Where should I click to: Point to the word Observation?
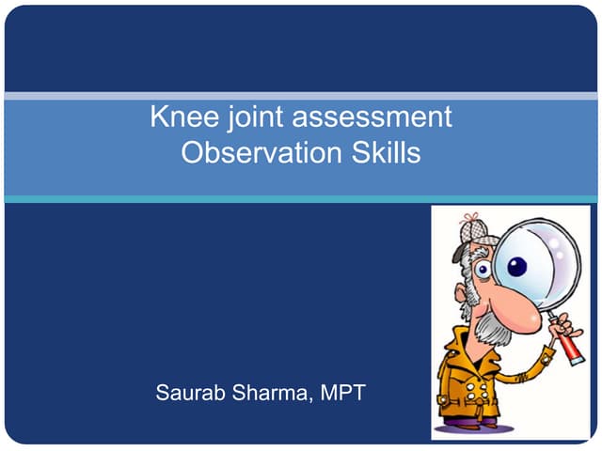coord(259,153)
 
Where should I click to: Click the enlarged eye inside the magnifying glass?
coord(518,267)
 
